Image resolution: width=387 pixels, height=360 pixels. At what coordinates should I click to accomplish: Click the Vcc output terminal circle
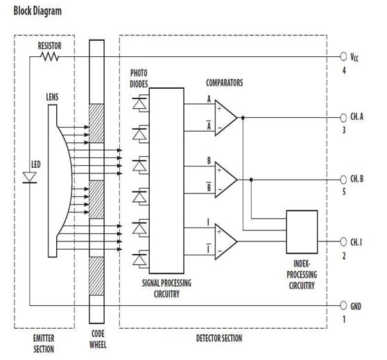tap(343, 56)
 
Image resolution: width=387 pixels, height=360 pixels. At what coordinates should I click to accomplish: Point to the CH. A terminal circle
tap(343, 116)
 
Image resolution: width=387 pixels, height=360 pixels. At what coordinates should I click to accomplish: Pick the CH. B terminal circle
tap(343, 178)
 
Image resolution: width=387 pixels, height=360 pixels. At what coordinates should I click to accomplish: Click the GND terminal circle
tap(343, 305)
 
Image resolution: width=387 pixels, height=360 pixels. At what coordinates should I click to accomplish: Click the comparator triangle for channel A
tap(225, 117)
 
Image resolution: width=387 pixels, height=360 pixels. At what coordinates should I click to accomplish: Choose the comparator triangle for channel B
tap(225, 178)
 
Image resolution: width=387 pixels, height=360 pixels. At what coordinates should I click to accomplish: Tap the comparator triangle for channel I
tap(225, 240)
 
